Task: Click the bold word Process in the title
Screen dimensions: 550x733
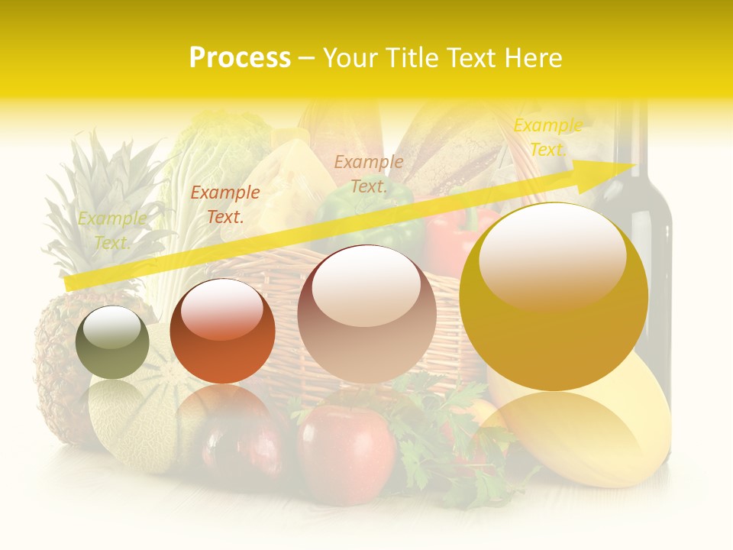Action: point(240,58)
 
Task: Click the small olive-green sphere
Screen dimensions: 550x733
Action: point(112,342)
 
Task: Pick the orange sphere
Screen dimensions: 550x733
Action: point(222,331)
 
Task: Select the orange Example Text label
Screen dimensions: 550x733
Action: point(224,205)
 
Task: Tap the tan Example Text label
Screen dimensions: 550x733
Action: point(369,173)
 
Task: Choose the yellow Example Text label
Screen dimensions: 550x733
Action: point(547,137)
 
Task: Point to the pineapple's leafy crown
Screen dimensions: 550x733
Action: point(99,199)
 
